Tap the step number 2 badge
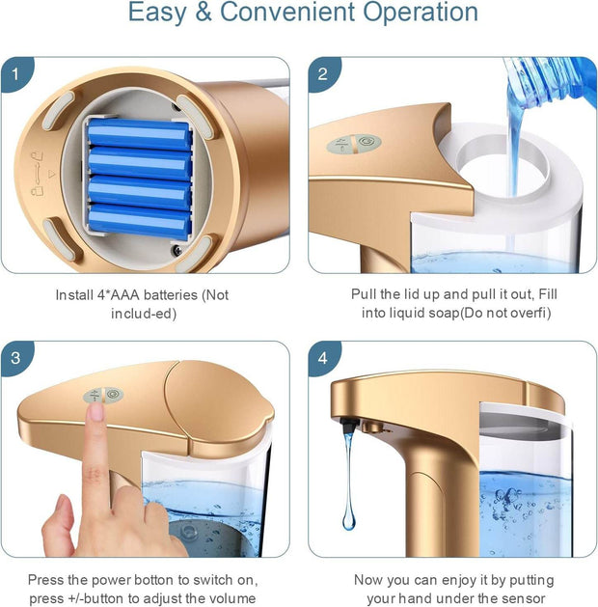[323, 73]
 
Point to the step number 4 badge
[323, 357]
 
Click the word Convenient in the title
[287, 12]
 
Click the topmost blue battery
[140, 134]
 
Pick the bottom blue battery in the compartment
[140, 220]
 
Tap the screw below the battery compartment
[177, 250]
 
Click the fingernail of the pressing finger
[95, 411]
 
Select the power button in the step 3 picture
[114, 395]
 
